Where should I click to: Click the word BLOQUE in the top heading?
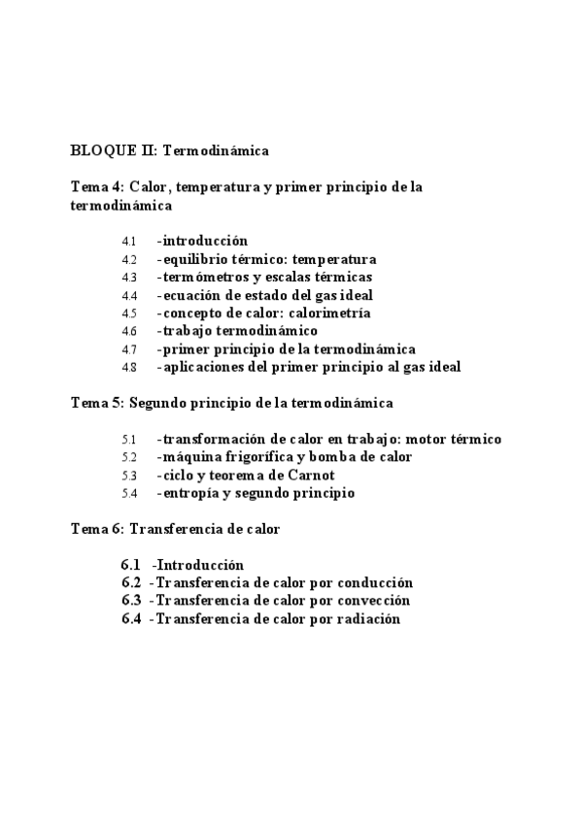tap(98, 150)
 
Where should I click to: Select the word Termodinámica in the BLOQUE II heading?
tap(216, 150)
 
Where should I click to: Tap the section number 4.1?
tap(129, 241)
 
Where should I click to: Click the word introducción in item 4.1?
tap(205, 241)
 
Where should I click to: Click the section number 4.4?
tap(129, 295)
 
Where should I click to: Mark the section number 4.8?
tap(129, 367)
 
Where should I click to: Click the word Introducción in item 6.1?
tap(200, 565)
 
